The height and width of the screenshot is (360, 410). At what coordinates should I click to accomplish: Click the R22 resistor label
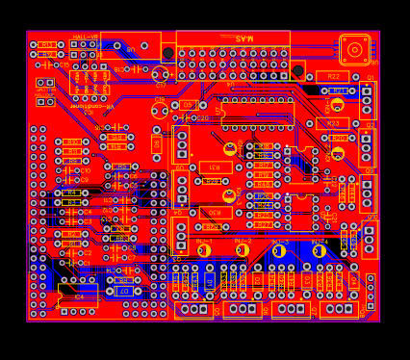(x=332, y=76)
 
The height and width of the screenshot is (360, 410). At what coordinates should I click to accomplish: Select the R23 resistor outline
(x=333, y=123)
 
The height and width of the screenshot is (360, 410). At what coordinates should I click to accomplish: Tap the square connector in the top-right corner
(x=354, y=49)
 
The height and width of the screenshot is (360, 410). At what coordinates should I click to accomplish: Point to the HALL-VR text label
(x=86, y=37)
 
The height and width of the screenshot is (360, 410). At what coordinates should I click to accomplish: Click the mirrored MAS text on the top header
(x=243, y=39)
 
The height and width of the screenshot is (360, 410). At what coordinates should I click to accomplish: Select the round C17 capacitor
(x=160, y=73)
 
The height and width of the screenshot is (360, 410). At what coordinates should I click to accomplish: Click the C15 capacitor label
(x=160, y=100)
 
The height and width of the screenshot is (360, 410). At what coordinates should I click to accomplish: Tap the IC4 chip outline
(x=78, y=296)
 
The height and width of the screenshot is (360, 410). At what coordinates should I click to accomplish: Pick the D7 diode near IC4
(x=123, y=291)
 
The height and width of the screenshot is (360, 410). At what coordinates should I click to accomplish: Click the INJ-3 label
(x=280, y=242)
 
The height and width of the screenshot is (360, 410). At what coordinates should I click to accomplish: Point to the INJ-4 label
(x=319, y=242)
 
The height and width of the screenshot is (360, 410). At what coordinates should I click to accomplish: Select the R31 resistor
(x=215, y=167)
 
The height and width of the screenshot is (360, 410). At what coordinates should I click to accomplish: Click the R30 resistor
(x=215, y=213)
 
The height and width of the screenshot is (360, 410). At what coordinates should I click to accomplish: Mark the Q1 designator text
(x=371, y=77)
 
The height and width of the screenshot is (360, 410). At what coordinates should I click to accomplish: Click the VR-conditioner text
(x=91, y=107)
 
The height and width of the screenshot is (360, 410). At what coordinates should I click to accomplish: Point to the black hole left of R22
(x=298, y=70)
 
